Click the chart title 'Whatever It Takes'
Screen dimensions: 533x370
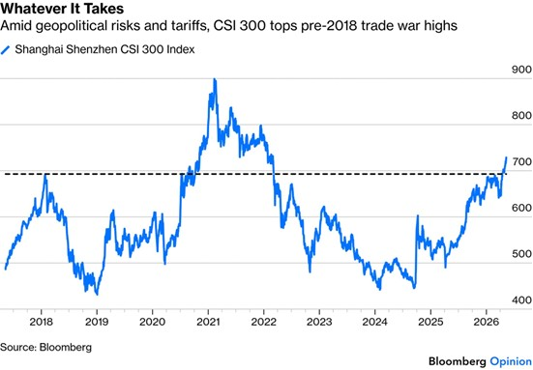62,9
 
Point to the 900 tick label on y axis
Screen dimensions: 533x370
521,70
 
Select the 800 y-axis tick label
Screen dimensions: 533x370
521,115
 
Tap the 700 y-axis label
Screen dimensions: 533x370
521,161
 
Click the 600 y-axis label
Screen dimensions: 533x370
521,208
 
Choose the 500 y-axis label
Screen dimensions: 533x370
521,254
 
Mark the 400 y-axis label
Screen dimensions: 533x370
521,300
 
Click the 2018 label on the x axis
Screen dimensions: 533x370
42,322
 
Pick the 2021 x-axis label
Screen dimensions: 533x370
208,322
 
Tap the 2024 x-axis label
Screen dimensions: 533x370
374,322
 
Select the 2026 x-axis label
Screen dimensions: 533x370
487,322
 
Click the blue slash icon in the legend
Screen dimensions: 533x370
5,50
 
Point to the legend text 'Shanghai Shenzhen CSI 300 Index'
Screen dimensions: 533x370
104,49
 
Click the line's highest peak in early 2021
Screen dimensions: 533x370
215,79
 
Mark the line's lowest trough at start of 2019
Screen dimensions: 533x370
98,295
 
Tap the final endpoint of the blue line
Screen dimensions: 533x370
506,157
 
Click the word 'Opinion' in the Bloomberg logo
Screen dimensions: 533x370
511,361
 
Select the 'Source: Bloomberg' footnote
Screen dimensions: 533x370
45,347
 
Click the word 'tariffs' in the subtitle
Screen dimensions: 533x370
192,26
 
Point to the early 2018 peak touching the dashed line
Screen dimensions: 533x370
45,175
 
